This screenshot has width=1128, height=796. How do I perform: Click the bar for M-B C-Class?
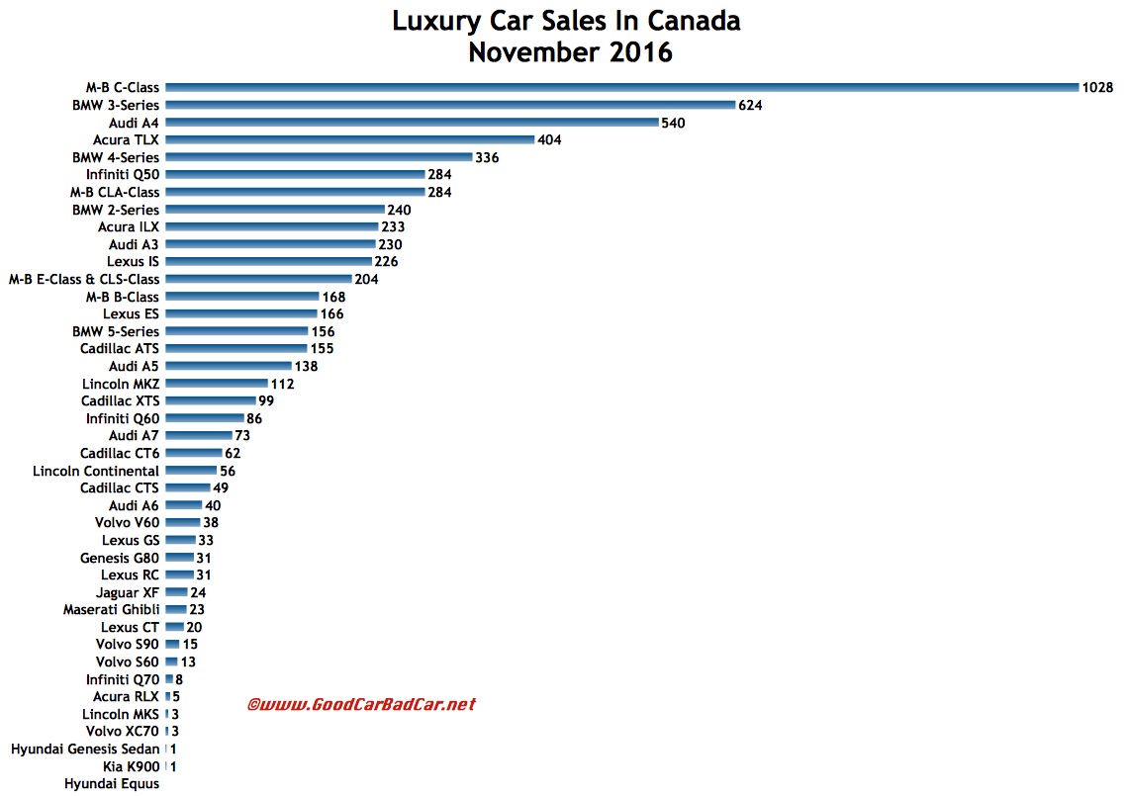[621, 87]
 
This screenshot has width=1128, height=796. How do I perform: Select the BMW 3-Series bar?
[450, 105]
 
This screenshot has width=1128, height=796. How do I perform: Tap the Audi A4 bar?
[412, 123]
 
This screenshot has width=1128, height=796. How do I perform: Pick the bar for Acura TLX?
[349, 139]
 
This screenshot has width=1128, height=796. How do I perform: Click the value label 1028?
[1097, 87]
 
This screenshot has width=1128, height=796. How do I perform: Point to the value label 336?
[487, 157]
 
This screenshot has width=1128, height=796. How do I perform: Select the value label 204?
[366, 279]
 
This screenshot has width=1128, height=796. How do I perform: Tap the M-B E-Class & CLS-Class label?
[84, 279]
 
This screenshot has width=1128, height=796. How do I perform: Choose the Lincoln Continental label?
[96, 471]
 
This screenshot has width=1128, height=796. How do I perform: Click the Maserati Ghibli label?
[112, 610]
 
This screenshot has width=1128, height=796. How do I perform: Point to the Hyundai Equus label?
[112, 784]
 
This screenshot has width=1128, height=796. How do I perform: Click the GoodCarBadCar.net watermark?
[360, 704]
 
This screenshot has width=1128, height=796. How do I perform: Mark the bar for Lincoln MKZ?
[217, 384]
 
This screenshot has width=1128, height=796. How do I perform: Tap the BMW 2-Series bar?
[275, 210]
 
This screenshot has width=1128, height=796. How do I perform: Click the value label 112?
[281, 384]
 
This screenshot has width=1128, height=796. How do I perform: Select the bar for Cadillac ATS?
[235, 349]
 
